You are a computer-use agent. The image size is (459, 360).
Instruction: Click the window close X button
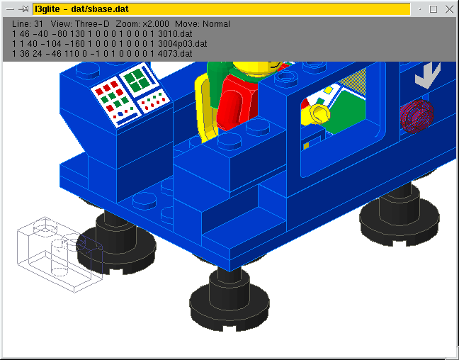click(449, 9)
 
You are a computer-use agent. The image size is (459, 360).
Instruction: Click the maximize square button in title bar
click(433, 9)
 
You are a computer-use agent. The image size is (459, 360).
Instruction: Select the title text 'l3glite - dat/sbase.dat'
click(81, 9)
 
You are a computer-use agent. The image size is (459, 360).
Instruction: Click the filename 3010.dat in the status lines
click(175, 34)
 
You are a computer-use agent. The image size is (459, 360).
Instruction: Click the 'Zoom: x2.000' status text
click(142, 24)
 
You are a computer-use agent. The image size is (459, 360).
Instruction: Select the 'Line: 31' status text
click(28, 24)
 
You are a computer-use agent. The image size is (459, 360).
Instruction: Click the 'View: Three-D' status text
click(80, 24)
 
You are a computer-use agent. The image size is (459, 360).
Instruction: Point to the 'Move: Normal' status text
click(203, 24)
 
